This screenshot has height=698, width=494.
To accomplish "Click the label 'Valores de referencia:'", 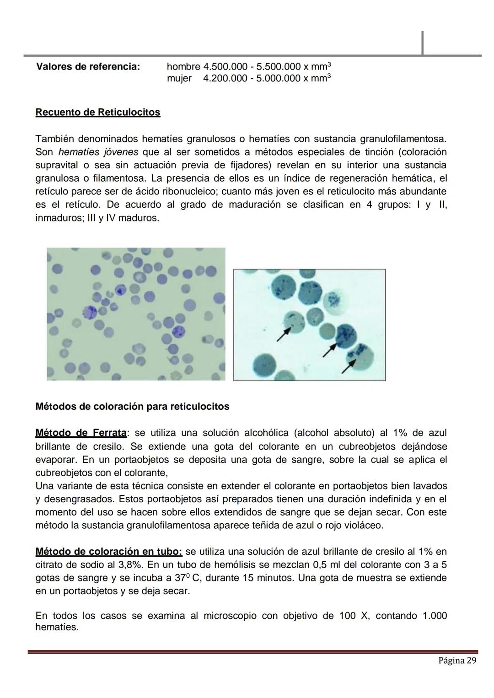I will (87, 67).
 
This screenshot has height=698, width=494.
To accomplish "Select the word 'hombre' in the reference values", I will (183, 67).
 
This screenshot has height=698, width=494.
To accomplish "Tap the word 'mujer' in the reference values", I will (179, 79).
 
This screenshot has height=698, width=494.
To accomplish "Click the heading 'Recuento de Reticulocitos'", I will (98, 113).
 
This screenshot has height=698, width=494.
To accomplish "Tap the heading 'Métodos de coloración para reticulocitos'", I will (132, 407).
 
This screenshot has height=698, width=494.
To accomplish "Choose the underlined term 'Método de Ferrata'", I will (81, 433).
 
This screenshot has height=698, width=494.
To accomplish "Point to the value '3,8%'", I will (129, 565).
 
